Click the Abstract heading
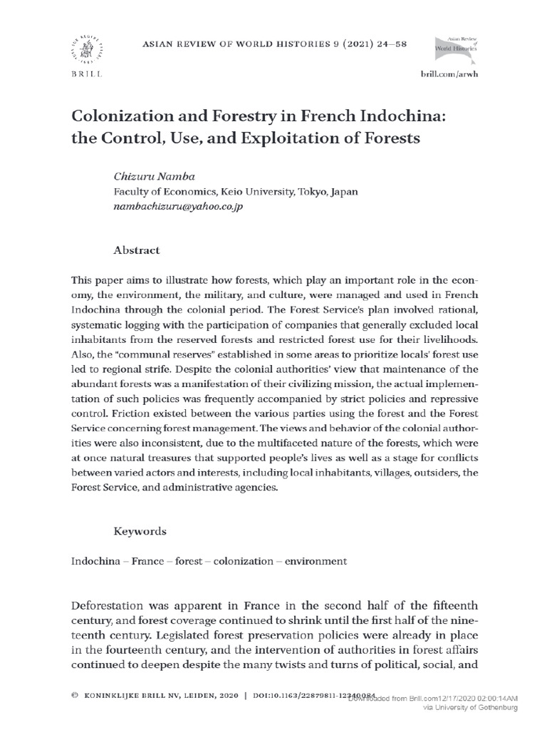(137, 250)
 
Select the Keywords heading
(140, 531)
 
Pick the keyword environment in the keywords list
(316, 561)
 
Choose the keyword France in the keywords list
(147, 561)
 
